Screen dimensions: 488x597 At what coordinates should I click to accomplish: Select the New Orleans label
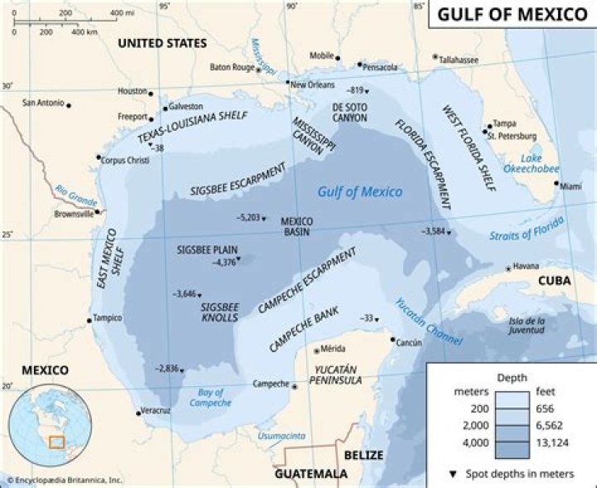pyautogui.click(x=313, y=84)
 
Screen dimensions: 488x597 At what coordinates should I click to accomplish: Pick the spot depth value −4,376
pyautogui.click(x=224, y=263)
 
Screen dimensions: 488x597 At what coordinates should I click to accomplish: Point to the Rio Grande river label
pyautogui.click(x=76, y=196)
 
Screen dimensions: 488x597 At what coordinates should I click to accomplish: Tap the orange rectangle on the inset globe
pyautogui.click(x=56, y=442)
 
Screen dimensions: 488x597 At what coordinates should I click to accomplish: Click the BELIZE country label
pyautogui.click(x=364, y=455)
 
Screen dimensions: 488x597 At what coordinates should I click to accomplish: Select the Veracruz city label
pyautogui.click(x=156, y=410)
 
